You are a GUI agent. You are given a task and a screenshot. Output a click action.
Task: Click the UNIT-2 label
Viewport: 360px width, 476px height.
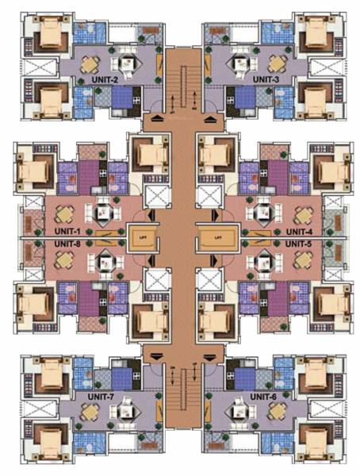(x=105, y=80)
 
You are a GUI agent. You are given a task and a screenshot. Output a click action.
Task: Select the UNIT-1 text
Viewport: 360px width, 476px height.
(x=71, y=231)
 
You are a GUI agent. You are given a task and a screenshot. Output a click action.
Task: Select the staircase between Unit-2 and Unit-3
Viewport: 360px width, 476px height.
(x=180, y=83)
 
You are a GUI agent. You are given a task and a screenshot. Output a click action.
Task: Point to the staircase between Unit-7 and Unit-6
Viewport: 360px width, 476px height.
(x=180, y=393)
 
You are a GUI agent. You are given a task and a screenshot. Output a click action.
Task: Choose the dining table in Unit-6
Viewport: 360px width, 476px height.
(x=277, y=412)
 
